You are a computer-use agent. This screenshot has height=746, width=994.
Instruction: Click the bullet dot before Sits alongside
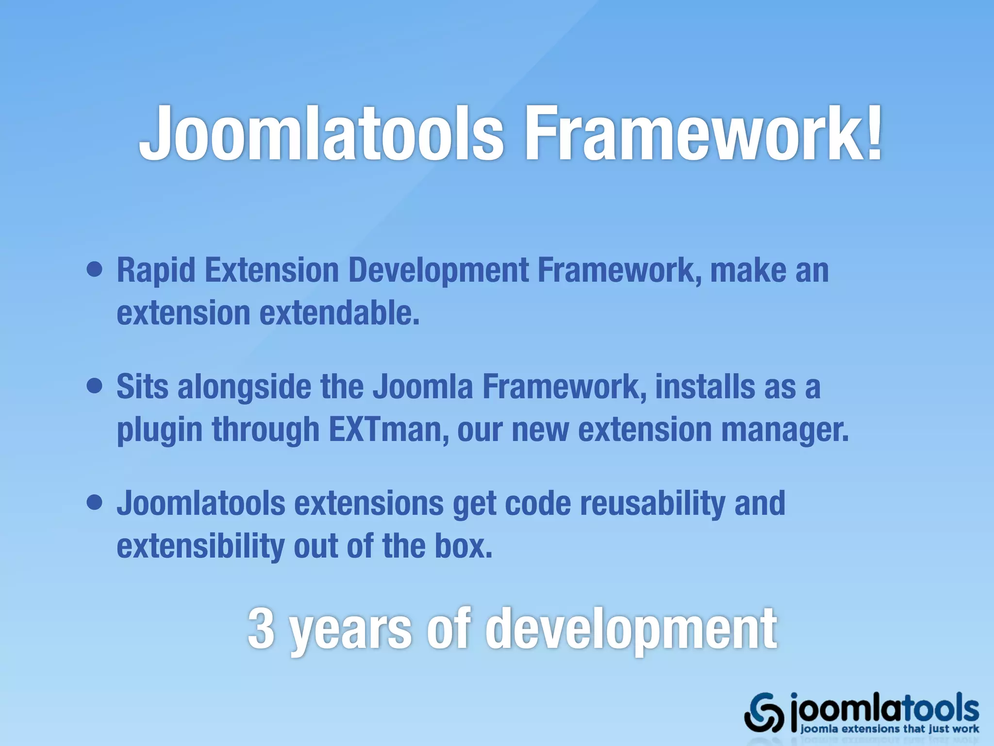(95, 386)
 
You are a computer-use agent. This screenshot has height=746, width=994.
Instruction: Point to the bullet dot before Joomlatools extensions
(95, 503)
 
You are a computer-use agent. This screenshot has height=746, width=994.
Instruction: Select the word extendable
(339, 313)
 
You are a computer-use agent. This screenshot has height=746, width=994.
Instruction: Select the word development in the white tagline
(631, 629)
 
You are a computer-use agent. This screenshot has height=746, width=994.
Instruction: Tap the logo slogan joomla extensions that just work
(889, 729)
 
